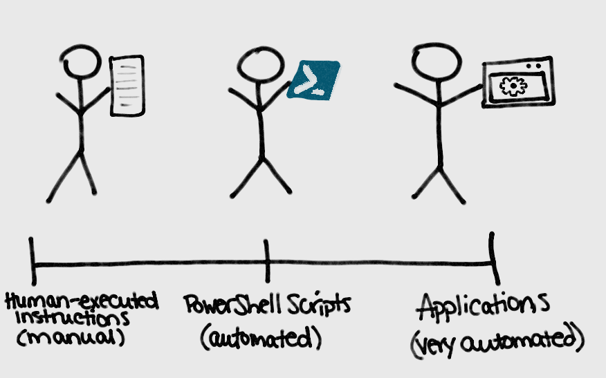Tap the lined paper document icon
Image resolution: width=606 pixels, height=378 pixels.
[127, 85]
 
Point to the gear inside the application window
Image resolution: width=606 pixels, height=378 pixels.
[513, 86]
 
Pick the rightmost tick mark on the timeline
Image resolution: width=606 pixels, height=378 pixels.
[492, 257]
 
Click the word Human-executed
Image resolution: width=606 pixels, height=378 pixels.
[82, 302]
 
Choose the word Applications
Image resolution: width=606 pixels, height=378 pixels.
[484, 305]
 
